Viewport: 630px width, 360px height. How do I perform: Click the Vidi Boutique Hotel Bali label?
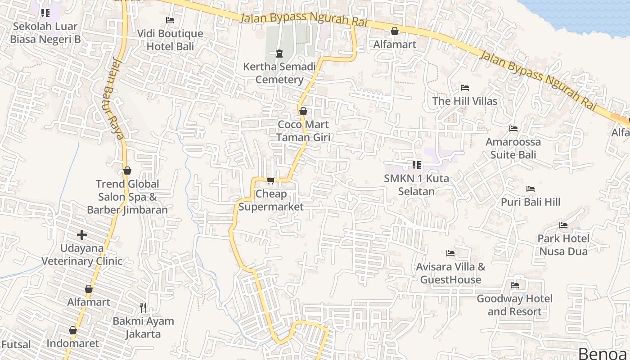point(170,40)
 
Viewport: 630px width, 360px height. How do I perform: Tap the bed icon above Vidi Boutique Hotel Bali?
point(170,20)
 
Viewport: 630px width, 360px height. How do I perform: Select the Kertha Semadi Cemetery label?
point(279,73)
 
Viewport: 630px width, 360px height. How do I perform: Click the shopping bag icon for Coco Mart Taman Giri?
point(303,111)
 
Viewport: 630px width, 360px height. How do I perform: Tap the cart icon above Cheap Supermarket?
point(270,181)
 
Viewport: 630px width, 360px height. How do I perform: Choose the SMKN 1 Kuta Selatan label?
point(416,185)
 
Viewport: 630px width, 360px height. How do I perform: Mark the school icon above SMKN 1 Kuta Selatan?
point(417,165)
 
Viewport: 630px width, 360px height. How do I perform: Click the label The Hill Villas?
point(465,101)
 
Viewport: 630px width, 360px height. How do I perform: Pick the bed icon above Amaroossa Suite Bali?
point(513,129)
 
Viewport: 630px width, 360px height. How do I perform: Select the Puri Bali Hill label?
point(531,202)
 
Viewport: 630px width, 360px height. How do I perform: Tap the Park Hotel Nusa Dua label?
point(563,245)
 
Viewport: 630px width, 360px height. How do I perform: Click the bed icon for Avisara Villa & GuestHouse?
point(450,253)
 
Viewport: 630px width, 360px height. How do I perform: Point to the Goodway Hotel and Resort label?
point(514,305)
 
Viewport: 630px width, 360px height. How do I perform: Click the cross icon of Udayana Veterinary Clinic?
point(82,235)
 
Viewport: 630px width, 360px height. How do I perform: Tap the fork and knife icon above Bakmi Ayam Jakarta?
point(143,308)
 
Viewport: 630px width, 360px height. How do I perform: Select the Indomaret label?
point(72,344)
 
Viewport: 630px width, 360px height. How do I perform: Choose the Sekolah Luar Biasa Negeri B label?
point(45,33)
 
